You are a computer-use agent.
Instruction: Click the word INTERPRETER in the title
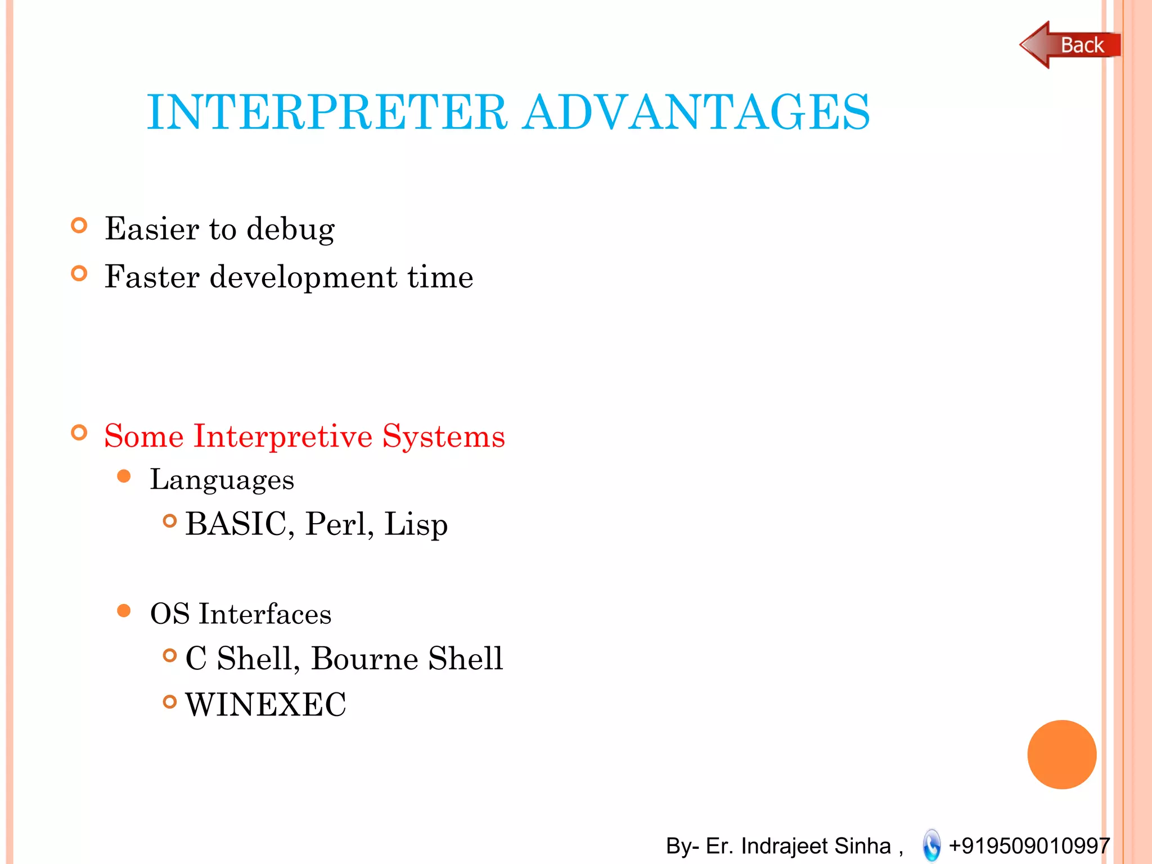pyautogui.click(x=327, y=112)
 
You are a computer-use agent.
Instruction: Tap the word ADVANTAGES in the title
pyautogui.click(x=696, y=112)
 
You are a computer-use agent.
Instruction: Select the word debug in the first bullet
pyautogui.click(x=290, y=229)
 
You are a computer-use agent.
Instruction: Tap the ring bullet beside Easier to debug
pyautogui.click(x=79, y=226)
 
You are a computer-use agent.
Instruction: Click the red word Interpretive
pyautogui.click(x=283, y=436)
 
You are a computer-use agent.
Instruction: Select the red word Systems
pyautogui.click(x=443, y=437)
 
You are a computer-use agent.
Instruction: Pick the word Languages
pyautogui.click(x=222, y=480)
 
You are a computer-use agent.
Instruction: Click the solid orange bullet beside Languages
pyautogui.click(x=124, y=477)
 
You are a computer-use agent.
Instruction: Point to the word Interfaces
pyautogui.click(x=265, y=614)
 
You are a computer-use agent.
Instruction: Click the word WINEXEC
pyautogui.click(x=265, y=705)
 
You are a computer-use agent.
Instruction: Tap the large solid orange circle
pyautogui.click(x=1061, y=754)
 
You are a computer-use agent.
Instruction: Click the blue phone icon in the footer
pyautogui.click(x=931, y=845)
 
